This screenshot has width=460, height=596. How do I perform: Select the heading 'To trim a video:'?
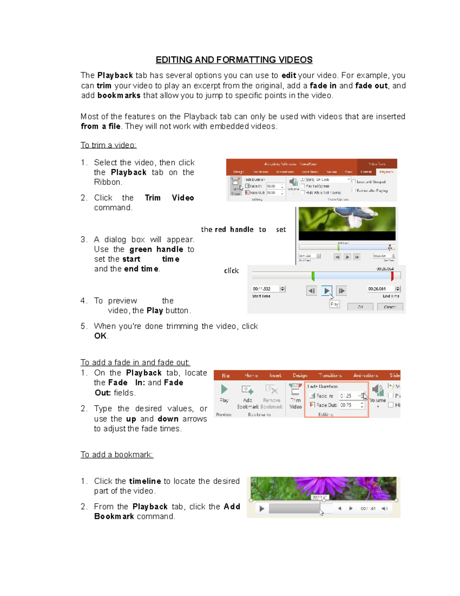(108, 145)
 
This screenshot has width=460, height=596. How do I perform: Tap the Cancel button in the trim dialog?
(389, 307)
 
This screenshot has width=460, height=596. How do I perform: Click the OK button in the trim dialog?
(360, 307)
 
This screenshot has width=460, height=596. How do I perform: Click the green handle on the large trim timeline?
(313, 276)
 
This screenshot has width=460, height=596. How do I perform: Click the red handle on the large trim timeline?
(392, 276)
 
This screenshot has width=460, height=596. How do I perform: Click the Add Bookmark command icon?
(248, 390)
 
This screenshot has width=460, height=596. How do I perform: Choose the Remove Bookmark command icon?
(271, 390)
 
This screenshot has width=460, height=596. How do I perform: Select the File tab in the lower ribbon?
(226, 375)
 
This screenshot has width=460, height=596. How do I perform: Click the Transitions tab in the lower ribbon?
(330, 375)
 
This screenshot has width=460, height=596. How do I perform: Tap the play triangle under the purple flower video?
(262, 508)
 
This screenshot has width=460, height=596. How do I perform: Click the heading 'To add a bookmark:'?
(117, 455)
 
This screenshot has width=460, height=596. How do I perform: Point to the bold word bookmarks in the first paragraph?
(119, 96)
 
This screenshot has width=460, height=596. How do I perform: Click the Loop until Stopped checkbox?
(354, 182)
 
